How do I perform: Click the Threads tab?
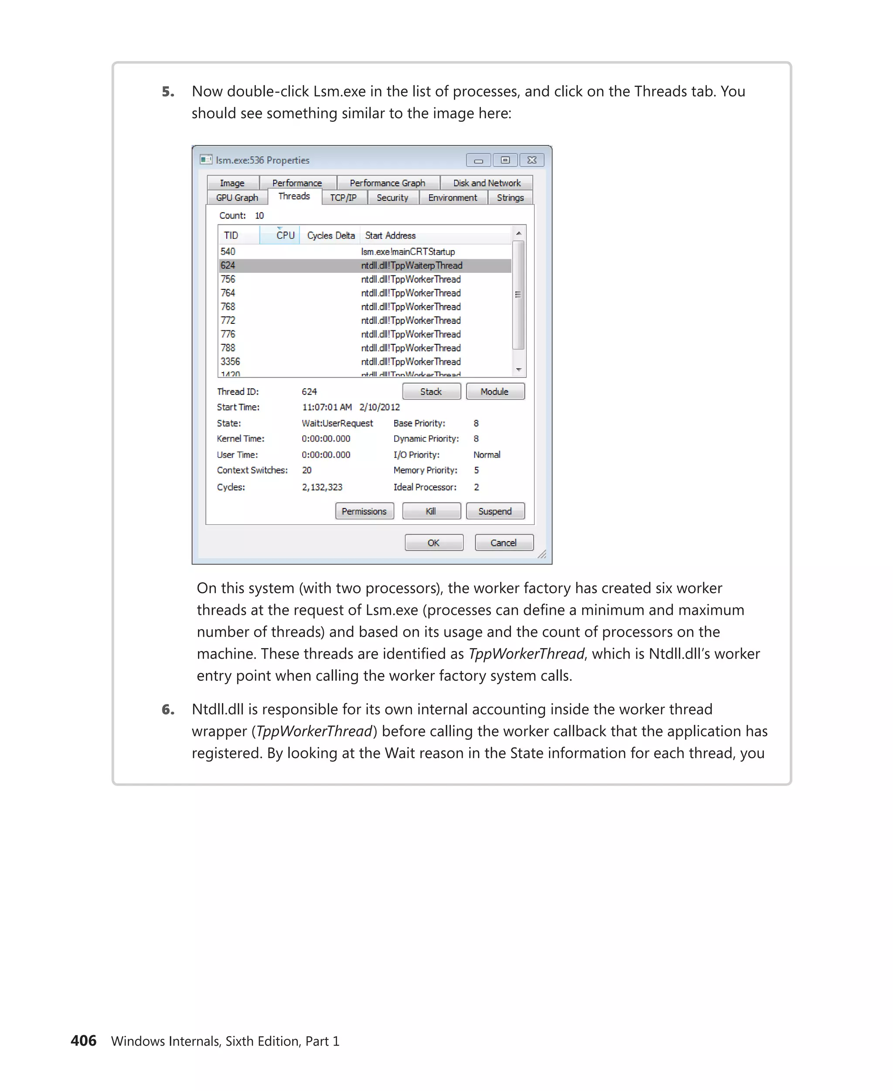tap(294, 196)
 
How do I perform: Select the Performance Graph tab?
tap(387, 183)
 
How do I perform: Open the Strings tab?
tap(510, 198)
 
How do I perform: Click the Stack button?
tap(431, 391)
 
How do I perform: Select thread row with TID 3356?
tap(231, 361)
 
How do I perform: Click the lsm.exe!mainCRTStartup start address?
tap(408, 251)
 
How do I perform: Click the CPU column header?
tap(285, 235)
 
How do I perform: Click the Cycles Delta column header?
tap(331, 235)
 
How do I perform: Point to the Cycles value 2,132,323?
tap(322, 487)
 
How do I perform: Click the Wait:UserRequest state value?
tap(337, 423)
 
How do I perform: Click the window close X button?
tap(532, 160)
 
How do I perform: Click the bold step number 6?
tap(168, 710)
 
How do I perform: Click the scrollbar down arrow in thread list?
tap(518, 370)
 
